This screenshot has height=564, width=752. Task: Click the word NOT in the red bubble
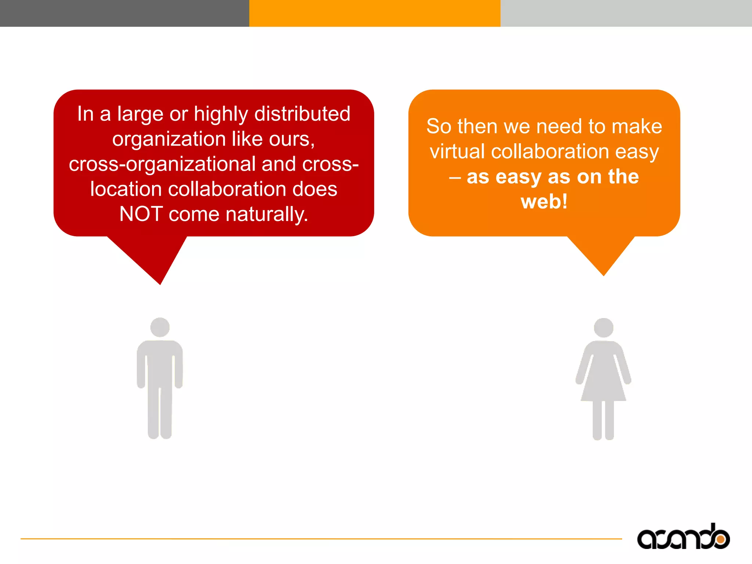(x=141, y=214)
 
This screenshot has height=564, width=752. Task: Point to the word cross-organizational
(x=162, y=164)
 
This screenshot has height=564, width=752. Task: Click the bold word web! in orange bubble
(x=544, y=202)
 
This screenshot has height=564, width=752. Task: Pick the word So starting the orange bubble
(x=438, y=127)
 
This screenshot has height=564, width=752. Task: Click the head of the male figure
(x=160, y=327)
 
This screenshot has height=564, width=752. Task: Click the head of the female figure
(x=603, y=328)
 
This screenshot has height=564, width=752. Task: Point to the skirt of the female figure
(x=603, y=386)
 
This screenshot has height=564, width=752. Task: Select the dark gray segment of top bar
(x=124, y=13)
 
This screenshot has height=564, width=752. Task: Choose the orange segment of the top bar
(x=375, y=13)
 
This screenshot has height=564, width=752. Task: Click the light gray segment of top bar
(x=626, y=13)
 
